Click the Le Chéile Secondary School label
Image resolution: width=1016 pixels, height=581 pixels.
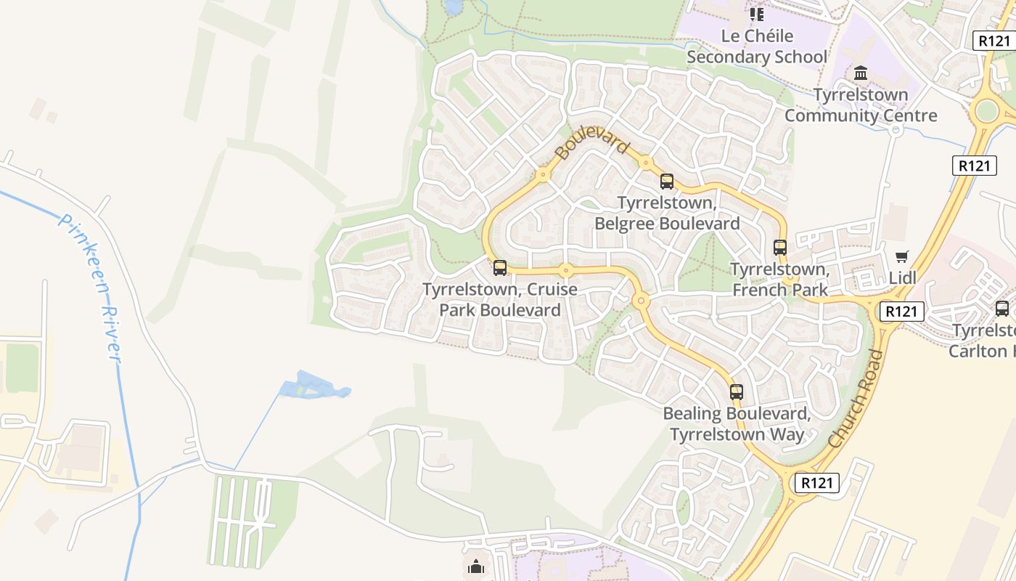point(757,46)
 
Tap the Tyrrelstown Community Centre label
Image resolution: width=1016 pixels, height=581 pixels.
point(861,105)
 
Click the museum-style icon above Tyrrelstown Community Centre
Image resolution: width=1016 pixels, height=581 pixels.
point(861,73)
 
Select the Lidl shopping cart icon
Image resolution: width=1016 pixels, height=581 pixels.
point(901,256)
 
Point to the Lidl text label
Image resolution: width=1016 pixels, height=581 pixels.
point(903,277)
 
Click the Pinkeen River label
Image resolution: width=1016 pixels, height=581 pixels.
point(91,288)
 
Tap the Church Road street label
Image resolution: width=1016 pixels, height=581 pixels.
point(856,399)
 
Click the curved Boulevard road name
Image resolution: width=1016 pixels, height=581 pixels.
point(591,142)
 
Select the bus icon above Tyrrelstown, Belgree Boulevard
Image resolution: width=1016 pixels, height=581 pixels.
point(666,182)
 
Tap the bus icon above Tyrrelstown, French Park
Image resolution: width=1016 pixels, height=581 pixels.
point(780,248)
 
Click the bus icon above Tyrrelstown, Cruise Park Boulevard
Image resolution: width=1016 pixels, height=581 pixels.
point(499,268)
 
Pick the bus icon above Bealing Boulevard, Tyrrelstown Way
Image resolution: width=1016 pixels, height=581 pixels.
point(737,392)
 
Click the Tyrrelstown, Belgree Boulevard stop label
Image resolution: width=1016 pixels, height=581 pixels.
point(667,213)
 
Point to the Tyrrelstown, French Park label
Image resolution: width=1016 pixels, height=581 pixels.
point(779,279)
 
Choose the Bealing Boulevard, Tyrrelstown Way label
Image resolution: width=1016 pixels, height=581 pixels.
point(737,424)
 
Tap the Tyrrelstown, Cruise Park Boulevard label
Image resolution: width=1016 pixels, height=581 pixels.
point(500,299)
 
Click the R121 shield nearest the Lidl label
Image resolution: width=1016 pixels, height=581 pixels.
point(902,312)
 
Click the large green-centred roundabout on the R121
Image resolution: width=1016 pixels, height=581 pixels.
point(986,111)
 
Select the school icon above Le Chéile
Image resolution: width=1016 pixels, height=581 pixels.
point(757,14)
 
